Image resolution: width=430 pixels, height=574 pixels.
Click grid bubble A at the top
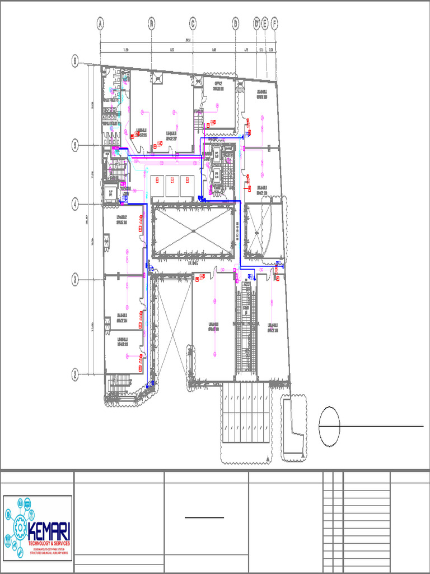click(100, 24)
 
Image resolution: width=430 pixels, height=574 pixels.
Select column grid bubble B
click(151, 24)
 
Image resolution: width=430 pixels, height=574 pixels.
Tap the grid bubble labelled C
click(193, 24)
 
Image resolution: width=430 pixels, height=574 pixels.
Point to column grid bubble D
click(236, 24)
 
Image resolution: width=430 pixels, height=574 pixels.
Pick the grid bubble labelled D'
click(256, 24)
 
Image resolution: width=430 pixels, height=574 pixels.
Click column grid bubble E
click(265, 24)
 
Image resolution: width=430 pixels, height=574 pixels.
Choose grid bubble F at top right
click(274, 24)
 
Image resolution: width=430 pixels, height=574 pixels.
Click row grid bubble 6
click(76, 61)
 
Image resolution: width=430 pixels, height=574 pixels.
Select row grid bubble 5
click(76, 146)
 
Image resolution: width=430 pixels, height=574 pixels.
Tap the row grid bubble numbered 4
click(76, 205)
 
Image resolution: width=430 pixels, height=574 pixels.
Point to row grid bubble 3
click(76, 280)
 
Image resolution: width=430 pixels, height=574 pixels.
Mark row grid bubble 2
click(76, 374)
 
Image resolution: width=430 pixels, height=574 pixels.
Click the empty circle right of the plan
click(329, 427)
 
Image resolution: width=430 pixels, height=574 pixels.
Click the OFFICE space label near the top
click(213, 85)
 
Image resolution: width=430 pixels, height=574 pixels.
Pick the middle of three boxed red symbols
click(172, 180)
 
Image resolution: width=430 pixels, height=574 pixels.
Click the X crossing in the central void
click(192, 231)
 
